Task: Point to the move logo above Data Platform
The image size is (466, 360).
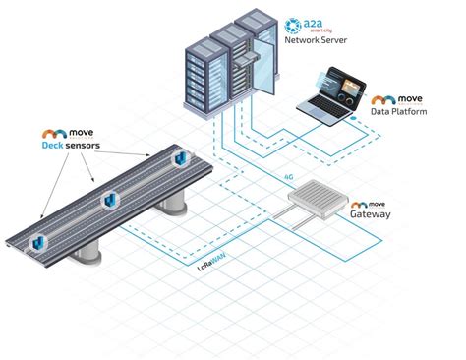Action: [396, 100]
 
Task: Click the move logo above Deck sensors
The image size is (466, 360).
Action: [65, 132]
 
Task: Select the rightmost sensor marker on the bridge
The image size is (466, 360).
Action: [180, 158]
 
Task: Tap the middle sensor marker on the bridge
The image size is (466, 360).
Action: [111, 200]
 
